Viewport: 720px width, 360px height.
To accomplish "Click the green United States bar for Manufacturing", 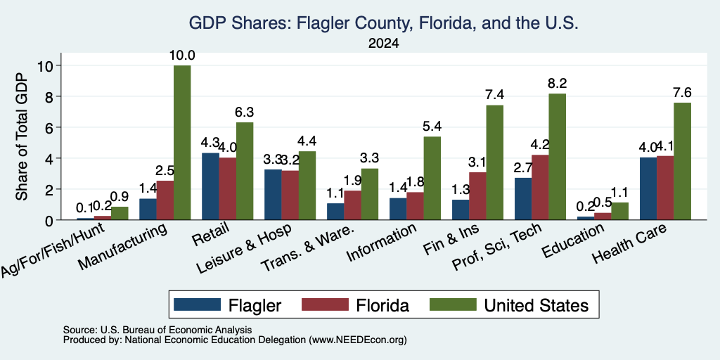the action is (x=182, y=143).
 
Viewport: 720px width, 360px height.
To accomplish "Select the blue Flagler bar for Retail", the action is (x=210, y=186).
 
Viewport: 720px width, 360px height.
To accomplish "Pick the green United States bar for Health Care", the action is (x=682, y=161).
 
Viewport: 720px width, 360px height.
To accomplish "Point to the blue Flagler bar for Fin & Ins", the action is (x=461, y=210).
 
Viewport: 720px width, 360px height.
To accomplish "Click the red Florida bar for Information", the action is (x=415, y=206).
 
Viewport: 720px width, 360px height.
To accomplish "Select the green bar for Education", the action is (x=619, y=212).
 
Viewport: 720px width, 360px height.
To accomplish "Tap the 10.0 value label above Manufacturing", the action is (x=182, y=56).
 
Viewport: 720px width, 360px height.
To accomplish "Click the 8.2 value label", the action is (x=557, y=84).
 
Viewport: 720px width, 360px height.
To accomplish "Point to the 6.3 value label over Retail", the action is (x=244, y=112).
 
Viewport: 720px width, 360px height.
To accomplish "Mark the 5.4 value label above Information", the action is (x=432, y=127).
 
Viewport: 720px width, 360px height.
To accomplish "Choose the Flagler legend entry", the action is (x=228, y=305).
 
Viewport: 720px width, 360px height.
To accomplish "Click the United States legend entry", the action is (x=509, y=305).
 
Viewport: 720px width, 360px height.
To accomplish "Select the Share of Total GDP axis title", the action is (x=21, y=136).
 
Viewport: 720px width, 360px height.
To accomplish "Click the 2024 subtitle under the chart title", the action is (x=383, y=44).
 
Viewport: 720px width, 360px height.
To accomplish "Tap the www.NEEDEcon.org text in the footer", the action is (x=358, y=340).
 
